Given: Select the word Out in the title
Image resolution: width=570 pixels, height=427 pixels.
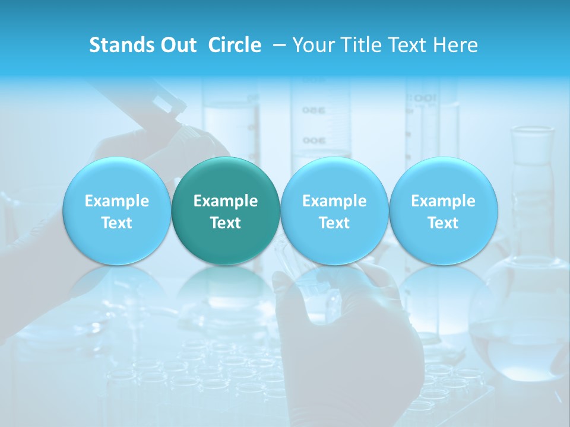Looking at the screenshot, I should [178, 45].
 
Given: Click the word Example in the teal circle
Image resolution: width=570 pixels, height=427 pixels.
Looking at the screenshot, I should [226, 201].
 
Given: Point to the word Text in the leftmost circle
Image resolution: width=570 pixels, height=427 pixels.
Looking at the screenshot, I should [117, 223].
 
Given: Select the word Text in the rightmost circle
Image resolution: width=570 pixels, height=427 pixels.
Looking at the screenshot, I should [444, 223].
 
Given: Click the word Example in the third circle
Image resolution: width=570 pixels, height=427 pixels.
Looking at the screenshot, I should [334, 201].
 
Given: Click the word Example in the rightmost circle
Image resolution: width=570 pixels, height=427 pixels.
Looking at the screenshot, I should [444, 201].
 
